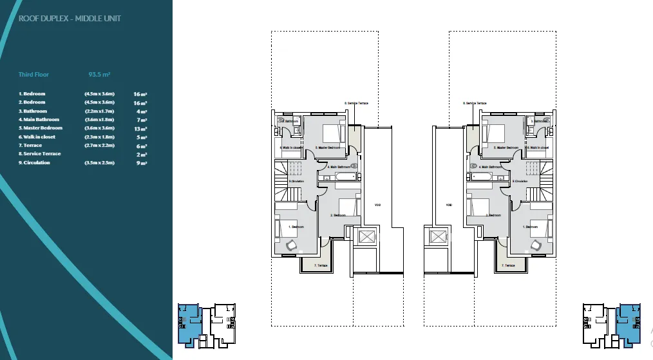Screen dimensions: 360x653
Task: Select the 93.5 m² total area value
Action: click(x=99, y=75)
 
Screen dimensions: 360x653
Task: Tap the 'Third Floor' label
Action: click(x=33, y=75)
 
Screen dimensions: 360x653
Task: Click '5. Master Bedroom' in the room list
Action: click(x=41, y=128)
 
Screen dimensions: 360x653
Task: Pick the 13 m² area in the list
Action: click(x=140, y=128)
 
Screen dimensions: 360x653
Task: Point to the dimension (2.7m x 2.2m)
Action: click(x=99, y=146)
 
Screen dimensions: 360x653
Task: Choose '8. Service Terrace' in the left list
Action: click(x=39, y=154)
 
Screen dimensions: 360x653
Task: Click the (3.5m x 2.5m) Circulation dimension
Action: click(x=99, y=163)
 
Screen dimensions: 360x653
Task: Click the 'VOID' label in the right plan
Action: click(x=449, y=205)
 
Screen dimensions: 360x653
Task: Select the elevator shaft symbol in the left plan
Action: click(x=365, y=236)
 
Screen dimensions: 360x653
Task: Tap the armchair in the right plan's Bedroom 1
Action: click(x=537, y=244)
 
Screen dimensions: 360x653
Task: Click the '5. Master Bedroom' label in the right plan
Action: click(x=506, y=148)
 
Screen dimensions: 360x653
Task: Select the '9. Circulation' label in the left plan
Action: click(x=296, y=181)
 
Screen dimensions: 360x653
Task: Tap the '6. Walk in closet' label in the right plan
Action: click(x=538, y=147)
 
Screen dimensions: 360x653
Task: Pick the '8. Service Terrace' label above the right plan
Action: click(x=475, y=103)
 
